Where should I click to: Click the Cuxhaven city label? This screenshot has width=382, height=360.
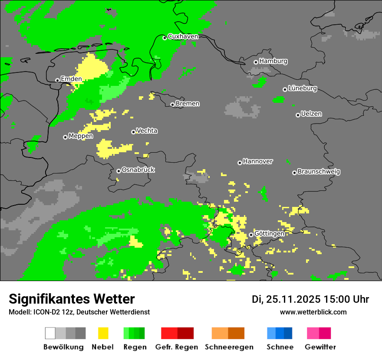tap(183, 36)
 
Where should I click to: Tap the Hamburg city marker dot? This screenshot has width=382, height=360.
tap(256, 62)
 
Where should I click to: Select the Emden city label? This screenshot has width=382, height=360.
tap(71, 79)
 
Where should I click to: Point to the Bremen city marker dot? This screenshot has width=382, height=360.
tap(172, 105)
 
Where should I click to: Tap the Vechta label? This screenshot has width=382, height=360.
tap(147, 131)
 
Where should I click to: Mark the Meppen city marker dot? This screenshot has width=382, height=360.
tap(65, 137)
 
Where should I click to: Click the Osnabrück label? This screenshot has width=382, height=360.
tap(138, 170)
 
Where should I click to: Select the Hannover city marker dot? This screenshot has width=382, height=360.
tap(240, 163)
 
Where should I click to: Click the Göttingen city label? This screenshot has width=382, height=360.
tap(269, 234)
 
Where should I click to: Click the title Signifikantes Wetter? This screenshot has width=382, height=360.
tap(72, 299)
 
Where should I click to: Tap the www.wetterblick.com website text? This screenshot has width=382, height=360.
tap(313, 312)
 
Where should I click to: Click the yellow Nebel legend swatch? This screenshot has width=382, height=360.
tap(103, 333)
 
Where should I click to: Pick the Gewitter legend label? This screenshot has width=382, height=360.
tap(320, 347)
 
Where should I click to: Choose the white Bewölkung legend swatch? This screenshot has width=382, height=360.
tap(50, 333)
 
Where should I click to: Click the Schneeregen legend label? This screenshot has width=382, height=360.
tap(228, 347)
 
